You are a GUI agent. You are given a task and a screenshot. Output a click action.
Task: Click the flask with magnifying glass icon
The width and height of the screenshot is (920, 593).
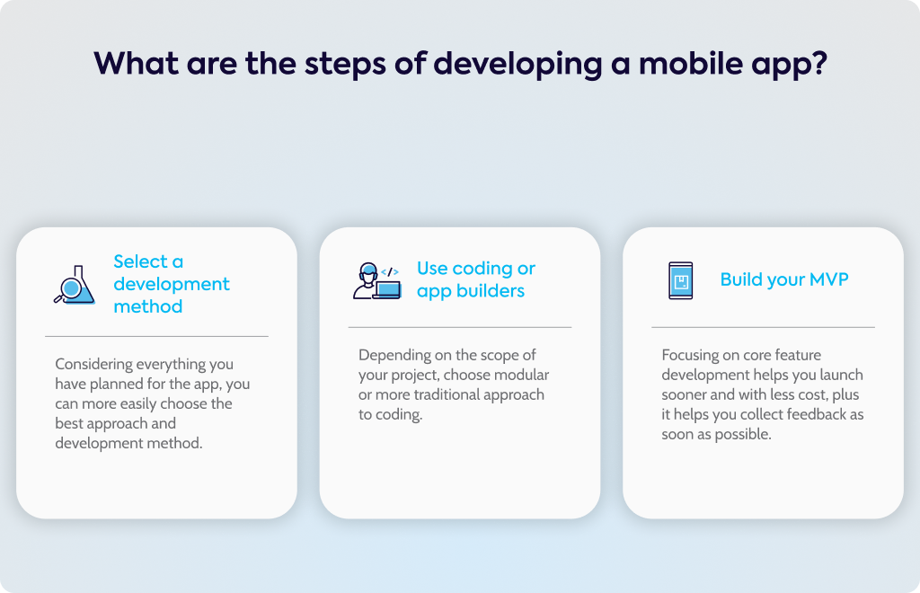pyautogui.click(x=75, y=285)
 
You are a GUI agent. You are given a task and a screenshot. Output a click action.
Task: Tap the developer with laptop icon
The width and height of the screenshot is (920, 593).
pyautogui.click(x=376, y=281)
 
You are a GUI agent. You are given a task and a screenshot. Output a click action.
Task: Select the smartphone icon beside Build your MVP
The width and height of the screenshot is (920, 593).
pyautogui.click(x=681, y=280)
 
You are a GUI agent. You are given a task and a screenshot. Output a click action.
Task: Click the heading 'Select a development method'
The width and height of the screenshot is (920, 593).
pyautogui.click(x=172, y=284)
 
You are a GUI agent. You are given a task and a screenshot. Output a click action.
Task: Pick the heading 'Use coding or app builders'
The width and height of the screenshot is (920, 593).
pyautogui.click(x=476, y=279)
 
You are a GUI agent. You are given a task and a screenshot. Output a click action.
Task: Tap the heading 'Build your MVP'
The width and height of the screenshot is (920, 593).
pyautogui.click(x=783, y=279)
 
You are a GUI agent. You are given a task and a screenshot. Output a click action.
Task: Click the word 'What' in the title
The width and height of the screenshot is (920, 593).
pyautogui.click(x=137, y=63)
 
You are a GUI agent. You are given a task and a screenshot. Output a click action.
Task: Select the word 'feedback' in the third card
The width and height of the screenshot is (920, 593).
pyautogui.click(x=816, y=414)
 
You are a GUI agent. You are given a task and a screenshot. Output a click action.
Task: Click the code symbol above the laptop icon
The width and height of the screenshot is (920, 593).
pyautogui.click(x=390, y=272)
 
